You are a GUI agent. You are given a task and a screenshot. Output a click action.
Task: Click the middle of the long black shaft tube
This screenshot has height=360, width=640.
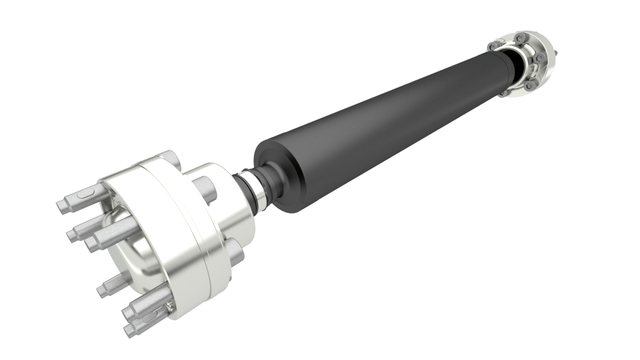[380, 125]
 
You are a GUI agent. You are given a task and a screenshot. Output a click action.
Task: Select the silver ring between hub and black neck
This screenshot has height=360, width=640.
[251, 193]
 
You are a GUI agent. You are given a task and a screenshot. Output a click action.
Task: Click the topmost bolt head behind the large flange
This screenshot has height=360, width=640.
[170, 158]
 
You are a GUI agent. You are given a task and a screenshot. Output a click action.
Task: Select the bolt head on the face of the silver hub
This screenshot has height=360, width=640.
[204, 186]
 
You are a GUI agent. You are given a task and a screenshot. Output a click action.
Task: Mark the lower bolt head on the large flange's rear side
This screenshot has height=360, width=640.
[235, 254]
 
